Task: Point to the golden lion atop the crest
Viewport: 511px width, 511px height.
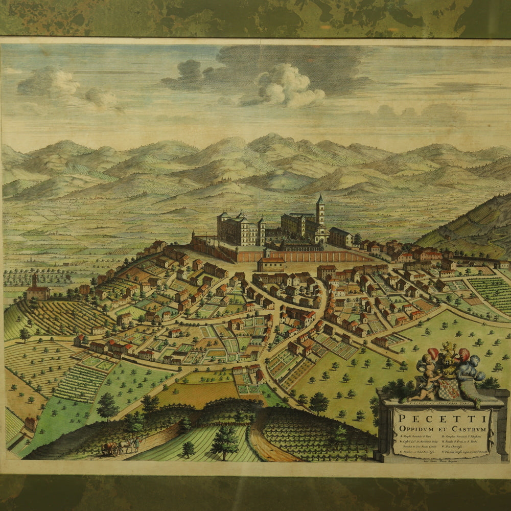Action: [x=449, y=350]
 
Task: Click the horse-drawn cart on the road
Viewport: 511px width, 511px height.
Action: [x=110, y=449]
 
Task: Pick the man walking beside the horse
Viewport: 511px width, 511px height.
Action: [x=136, y=444]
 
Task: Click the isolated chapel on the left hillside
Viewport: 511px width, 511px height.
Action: [x=37, y=290]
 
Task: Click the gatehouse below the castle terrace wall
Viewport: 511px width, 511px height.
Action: [x=271, y=263]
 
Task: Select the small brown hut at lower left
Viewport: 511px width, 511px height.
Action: [x=31, y=423]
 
